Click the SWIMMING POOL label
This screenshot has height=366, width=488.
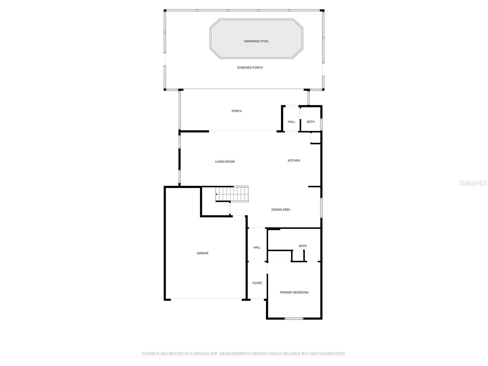pyautogui.click(x=256, y=41)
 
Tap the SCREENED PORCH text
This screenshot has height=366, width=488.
pyautogui.click(x=250, y=67)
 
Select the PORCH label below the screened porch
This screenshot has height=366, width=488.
pyautogui.click(x=237, y=111)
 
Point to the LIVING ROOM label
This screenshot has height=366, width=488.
pyautogui.click(x=225, y=162)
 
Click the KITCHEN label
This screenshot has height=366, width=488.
pyautogui.click(x=294, y=160)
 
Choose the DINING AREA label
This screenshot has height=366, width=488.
pyautogui.click(x=281, y=210)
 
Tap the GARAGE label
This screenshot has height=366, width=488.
pyautogui.click(x=203, y=253)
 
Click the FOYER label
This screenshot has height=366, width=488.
pyautogui.click(x=257, y=283)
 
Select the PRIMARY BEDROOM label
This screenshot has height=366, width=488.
pyautogui.click(x=294, y=292)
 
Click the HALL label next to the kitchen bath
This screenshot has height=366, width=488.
pyautogui.click(x=291, y=122)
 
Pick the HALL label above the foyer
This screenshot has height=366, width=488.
pyautogui.click(x=257, y=247)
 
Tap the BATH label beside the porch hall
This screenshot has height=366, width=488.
pyautogui.click(x=310, y=122)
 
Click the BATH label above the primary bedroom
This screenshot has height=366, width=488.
pyautogui.click(x=303, y=246)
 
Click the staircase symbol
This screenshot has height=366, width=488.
pyautogui.click(x=232, y=194)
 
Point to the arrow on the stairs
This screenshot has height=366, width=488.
pyautogui.click(x=216, y=194)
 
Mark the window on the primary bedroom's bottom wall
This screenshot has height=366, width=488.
pyautogui.click(x=294, y=318)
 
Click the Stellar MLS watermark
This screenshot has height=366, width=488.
pyautogui.click(x=473, y=183)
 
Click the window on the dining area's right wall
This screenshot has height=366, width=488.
pyautogui.click(x=321, y=208)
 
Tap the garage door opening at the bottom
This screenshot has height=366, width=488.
pyautogui.click(x=206, y=299)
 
